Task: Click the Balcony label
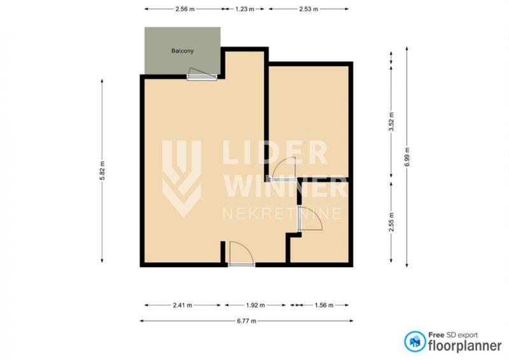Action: [x=183, y=51]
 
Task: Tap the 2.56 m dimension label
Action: [x=185, y=9]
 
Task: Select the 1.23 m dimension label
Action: [x=245, y=9]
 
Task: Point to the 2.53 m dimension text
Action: [x=309, y=9]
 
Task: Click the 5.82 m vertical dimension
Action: [x=102, y=170]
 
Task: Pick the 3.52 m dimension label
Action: [x=391, y=121]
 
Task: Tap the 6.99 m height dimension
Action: [x=407, y=157]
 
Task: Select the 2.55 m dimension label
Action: [x=391, y=222]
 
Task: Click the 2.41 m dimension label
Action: [x=183, y=305]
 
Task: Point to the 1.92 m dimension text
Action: [x=255, y=305]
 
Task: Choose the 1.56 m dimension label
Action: [x=324, y=305]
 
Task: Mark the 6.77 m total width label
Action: [x=247, y=321]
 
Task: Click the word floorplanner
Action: [x=465, y=345]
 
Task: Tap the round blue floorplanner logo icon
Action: [x=415, y=342]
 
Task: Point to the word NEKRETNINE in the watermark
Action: [x=282, y=214]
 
